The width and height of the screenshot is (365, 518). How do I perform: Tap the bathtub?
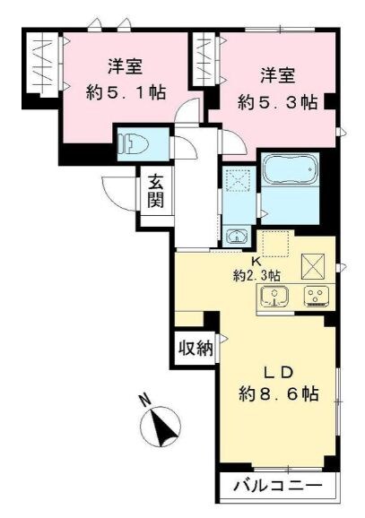(x=290, y=169)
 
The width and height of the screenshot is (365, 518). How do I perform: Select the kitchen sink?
(x=274, y=296)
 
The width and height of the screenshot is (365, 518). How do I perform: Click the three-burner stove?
(x=317, y=296)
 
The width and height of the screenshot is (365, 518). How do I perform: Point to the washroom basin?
(x=237, y=236)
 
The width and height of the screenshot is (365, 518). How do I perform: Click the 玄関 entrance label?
(x=156, y=191)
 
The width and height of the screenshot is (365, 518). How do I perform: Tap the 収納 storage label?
(x=196, y=348)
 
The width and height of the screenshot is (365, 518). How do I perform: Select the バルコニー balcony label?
(x=278, y=486)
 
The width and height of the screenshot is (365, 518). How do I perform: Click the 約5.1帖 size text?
(x=126, y=92)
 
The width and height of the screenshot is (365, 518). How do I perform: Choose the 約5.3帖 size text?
(x=278, y=103)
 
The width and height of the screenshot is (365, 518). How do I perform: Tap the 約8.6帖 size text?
(x=279, y=393)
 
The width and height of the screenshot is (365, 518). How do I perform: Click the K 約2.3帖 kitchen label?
(x=256, y=268)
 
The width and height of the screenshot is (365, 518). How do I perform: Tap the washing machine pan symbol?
(x=238, y=180)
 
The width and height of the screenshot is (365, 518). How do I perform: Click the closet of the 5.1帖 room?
(x=43, y=63)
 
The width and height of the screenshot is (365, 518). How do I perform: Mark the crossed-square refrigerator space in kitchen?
(x=313, y=266)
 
